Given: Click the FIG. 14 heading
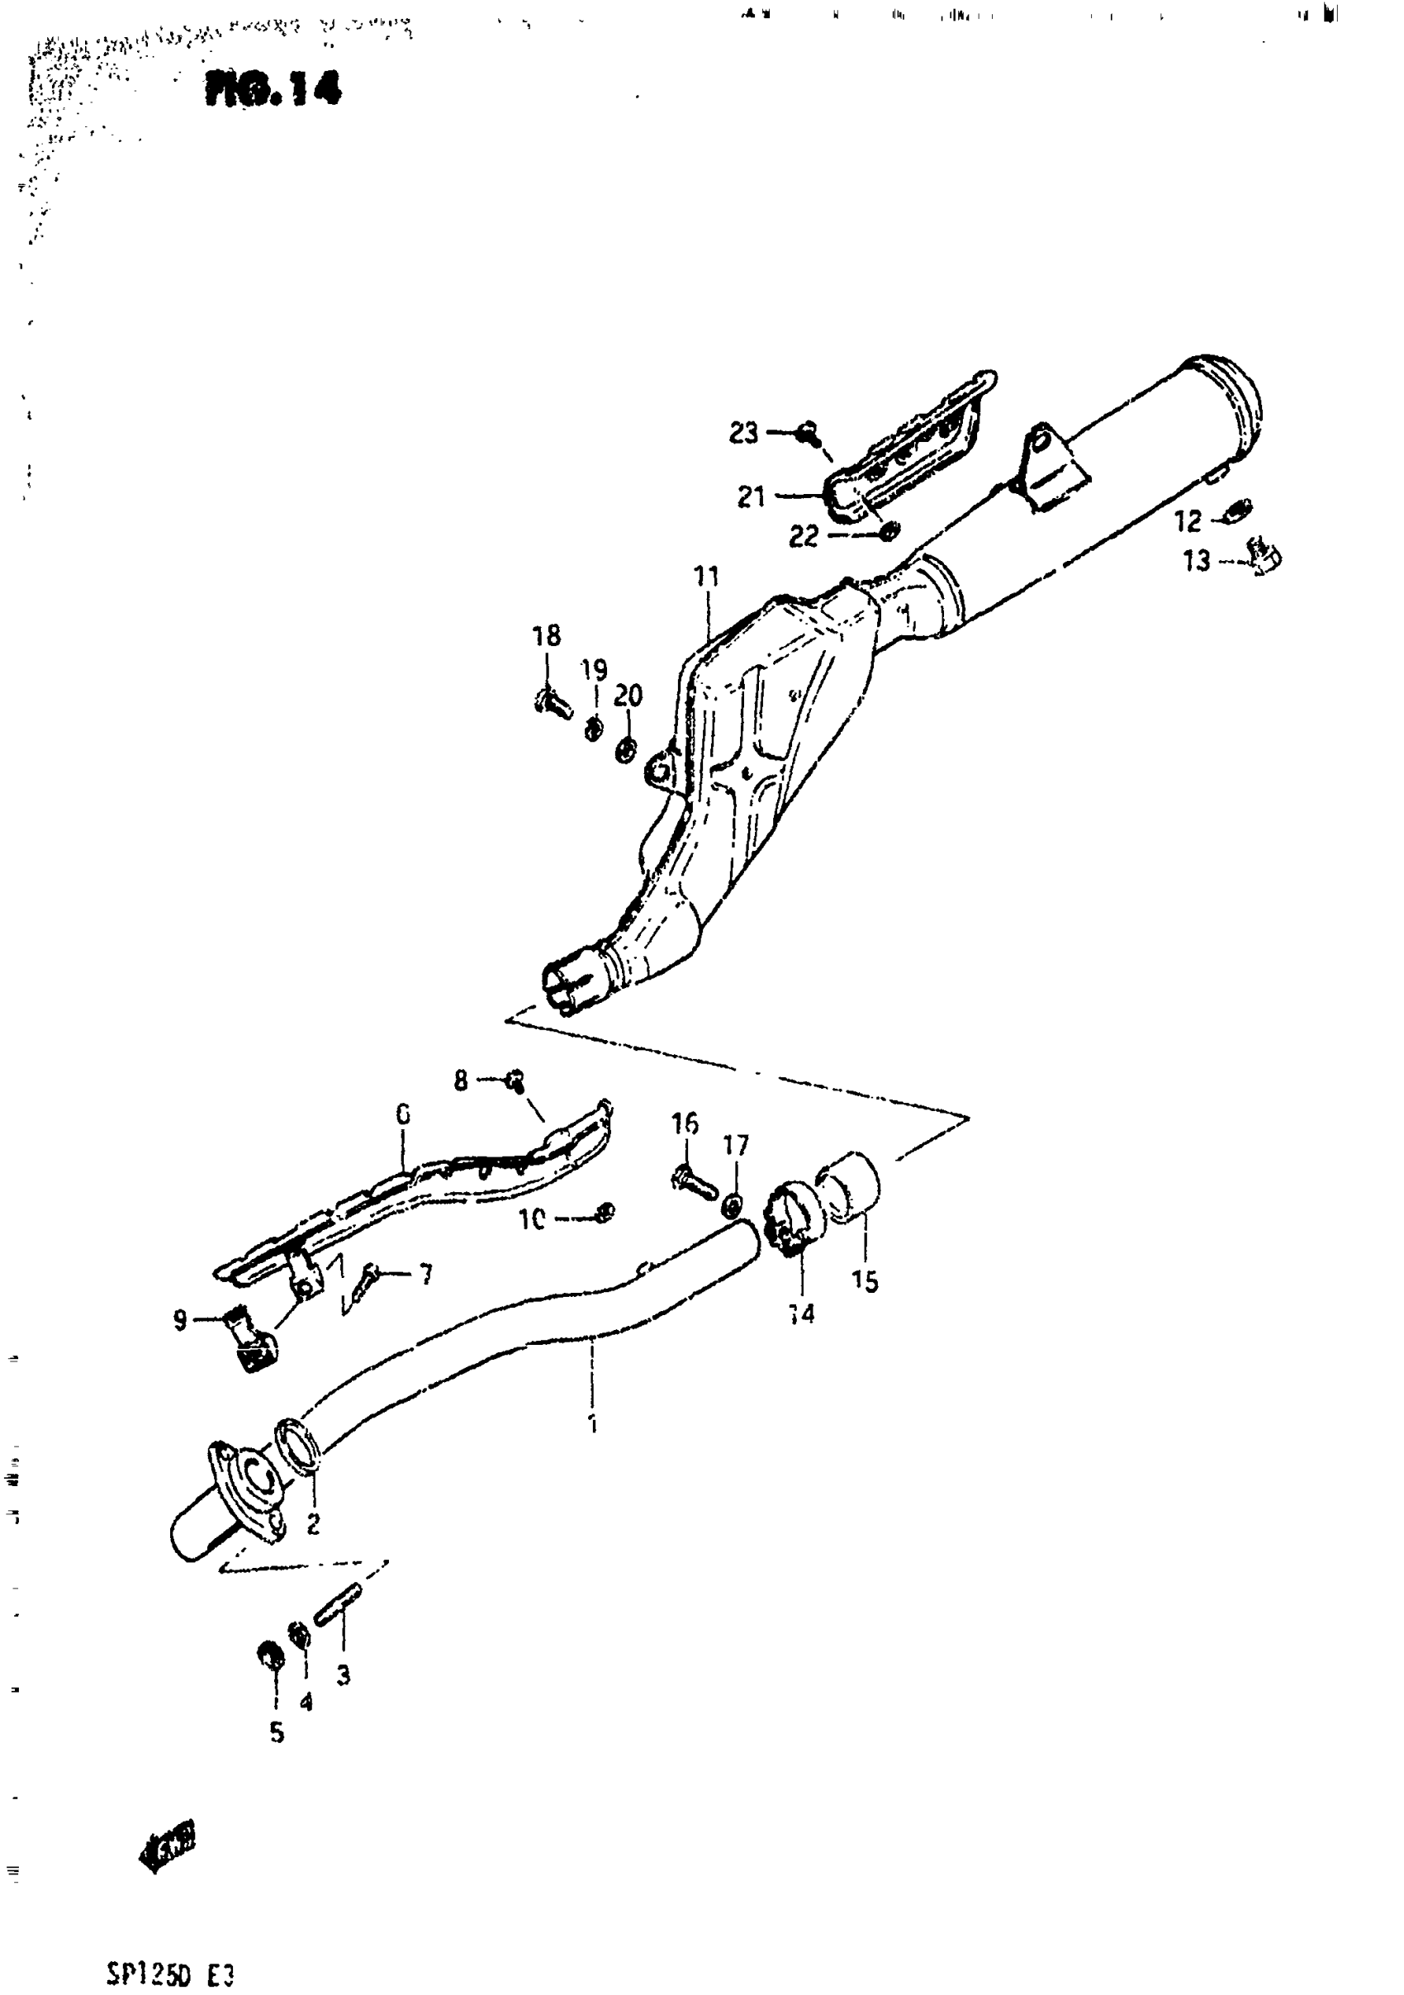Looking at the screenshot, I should [x=273, y=88].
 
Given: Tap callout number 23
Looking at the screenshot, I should [x=742, y=433].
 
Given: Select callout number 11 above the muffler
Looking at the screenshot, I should [x=706, y=576].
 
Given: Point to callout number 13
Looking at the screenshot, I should [x=1197, y=560].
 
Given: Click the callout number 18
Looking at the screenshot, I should [x=547, y=635].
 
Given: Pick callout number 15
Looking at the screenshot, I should [x=865, y=1280].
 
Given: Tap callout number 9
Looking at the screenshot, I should [x=180, y=1321].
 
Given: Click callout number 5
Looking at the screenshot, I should [x=277, y=1732].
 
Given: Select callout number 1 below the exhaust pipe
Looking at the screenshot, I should [x=592, y=1424].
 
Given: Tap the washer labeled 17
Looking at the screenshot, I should [x=733, y=1204].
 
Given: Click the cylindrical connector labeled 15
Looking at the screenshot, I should [x=851, y=1187].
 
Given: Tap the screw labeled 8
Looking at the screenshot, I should [x=515, y=1080].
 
